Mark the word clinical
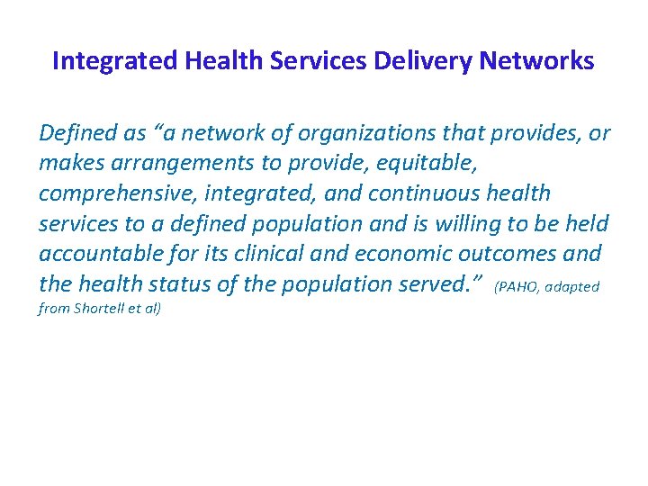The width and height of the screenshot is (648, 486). point(256,254)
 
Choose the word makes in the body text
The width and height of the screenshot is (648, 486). point(66,164)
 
